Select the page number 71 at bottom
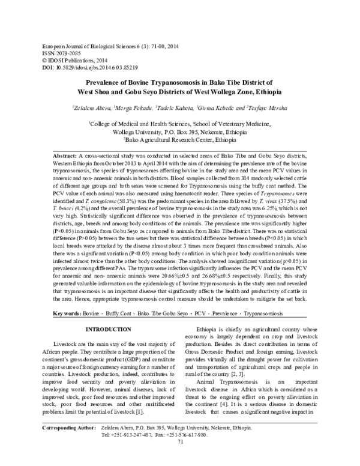point(180,459)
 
